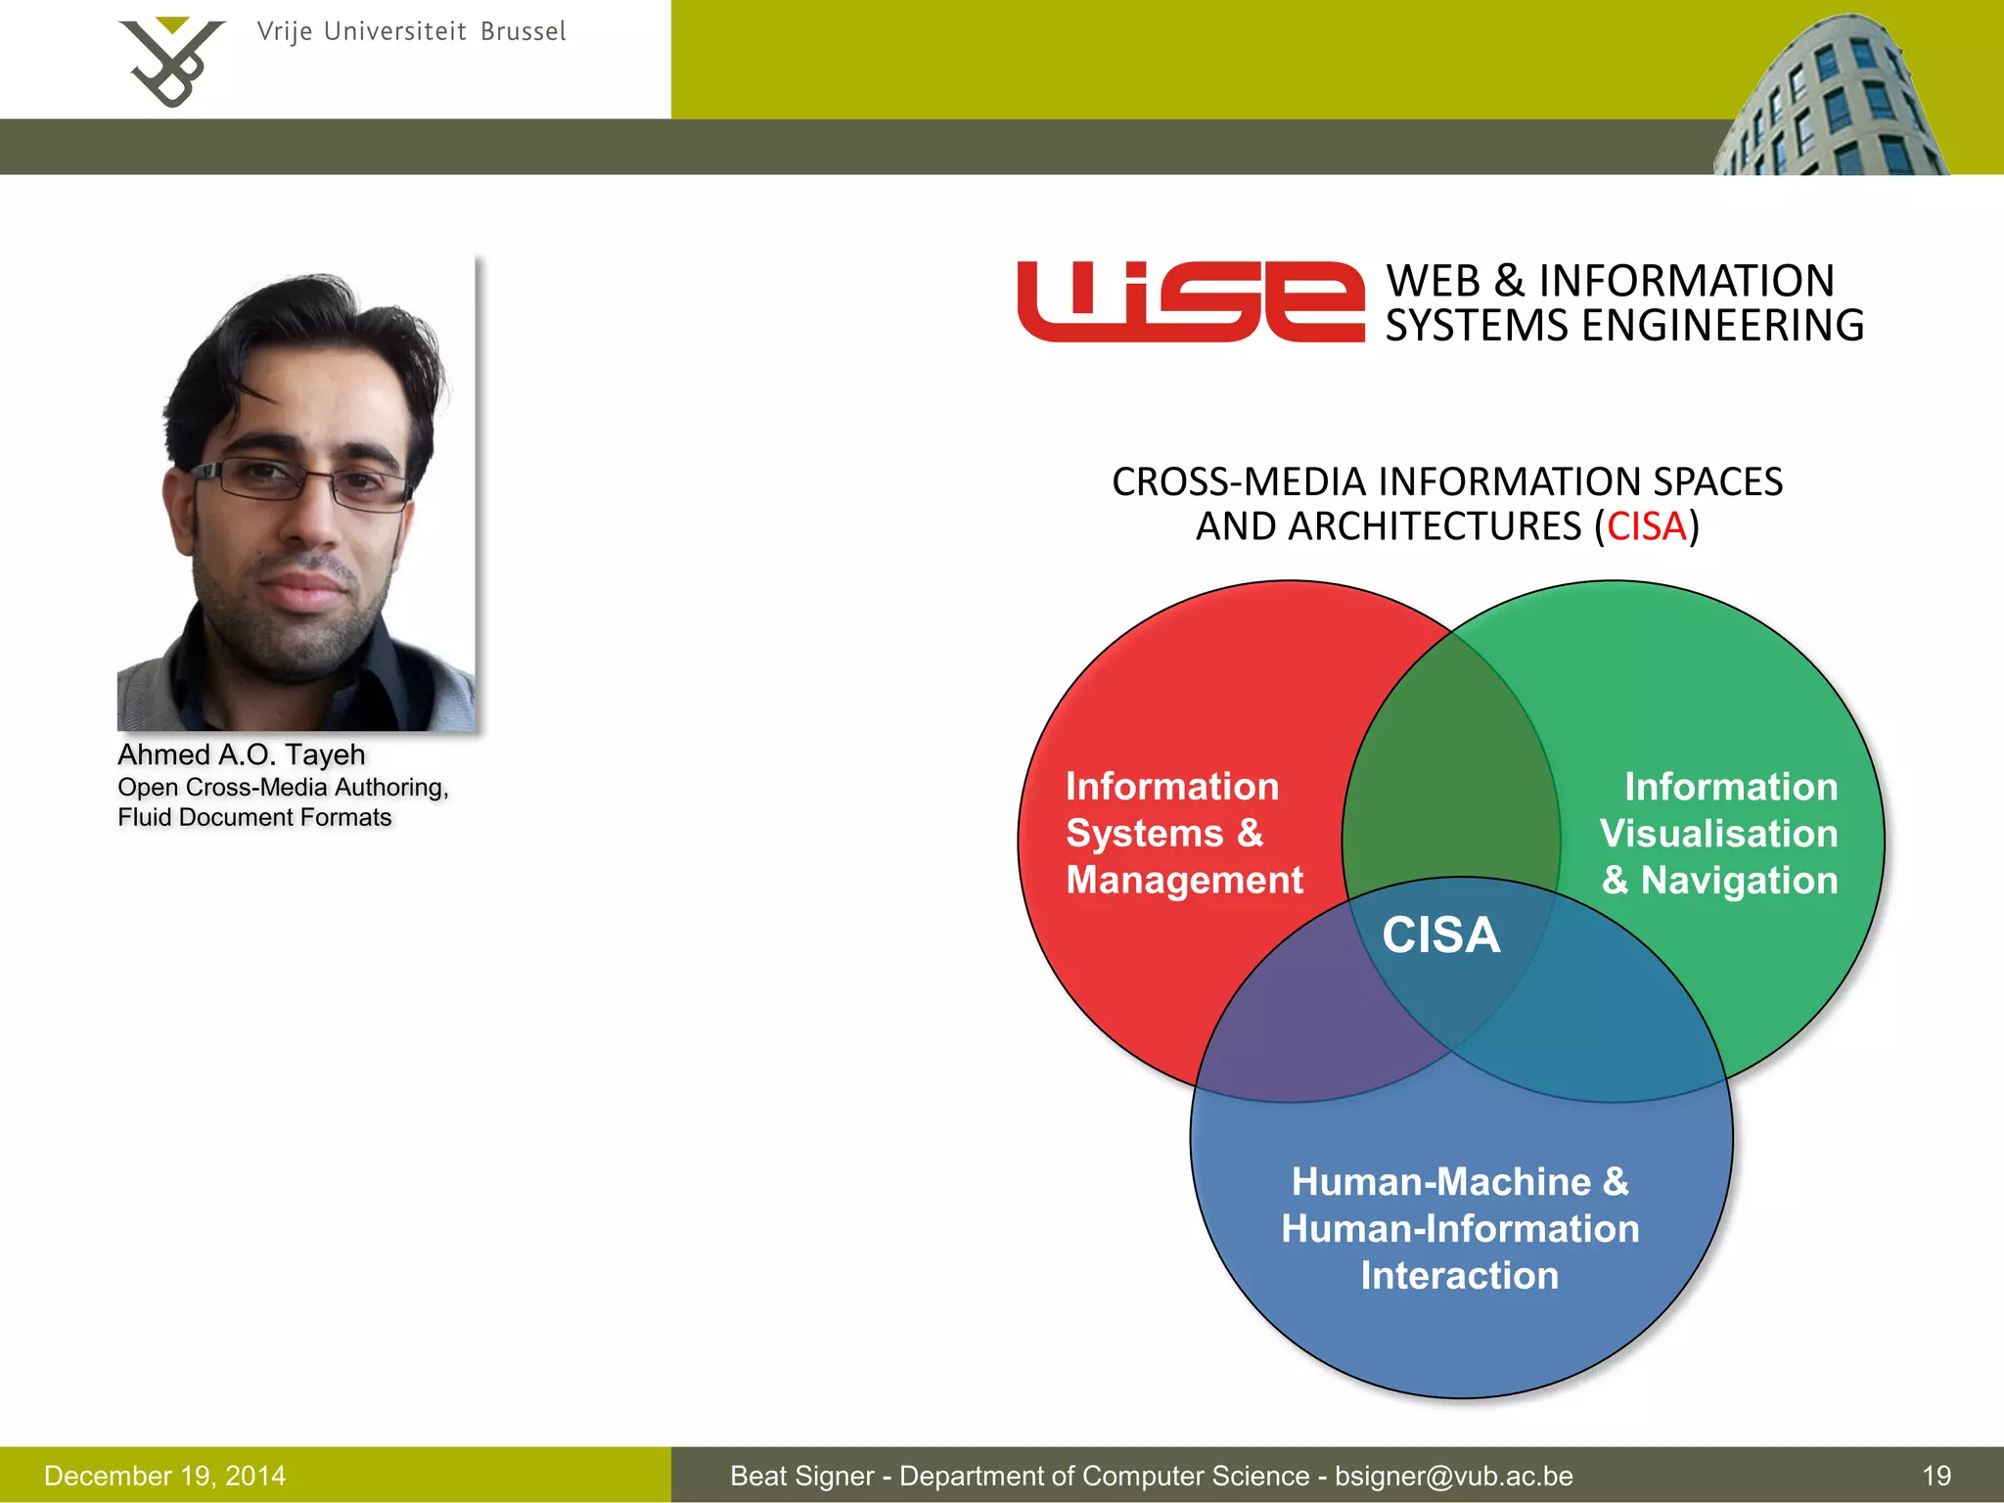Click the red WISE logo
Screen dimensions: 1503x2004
tap(1190, 301)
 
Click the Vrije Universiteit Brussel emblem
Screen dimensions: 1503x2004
tap(171, 61)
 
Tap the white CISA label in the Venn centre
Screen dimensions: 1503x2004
tap(1440, 934)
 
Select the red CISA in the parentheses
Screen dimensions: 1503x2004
tap(1647, 526)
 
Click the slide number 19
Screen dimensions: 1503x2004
tap(1936, 1476)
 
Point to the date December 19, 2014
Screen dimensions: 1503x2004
tap(164, 1476)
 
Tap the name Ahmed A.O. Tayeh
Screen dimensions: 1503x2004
tap(241, 754)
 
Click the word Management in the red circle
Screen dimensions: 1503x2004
tap(1184, 880)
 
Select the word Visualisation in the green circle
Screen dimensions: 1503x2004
tap(1718, 834)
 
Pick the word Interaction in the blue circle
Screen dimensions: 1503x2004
tap(1459, 1276)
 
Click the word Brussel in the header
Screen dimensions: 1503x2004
tap(523, 32)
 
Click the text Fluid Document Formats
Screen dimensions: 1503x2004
tap(254, 818)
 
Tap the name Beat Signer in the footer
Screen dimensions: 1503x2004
tap(801, 1476)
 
